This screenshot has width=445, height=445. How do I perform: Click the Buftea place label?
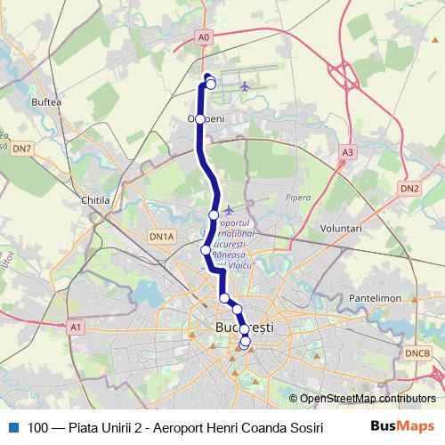coord(46,103)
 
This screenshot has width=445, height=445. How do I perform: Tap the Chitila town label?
coord(94,201)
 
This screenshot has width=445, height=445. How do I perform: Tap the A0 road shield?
coord(206,37)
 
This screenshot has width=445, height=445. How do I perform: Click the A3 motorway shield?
coord(347,153)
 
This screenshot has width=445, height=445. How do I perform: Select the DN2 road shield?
coord(409,189)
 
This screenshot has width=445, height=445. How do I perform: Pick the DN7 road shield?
coord(23,148)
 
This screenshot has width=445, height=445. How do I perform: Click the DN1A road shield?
coord(161,237)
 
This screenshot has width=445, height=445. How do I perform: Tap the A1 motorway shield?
coord(76,328)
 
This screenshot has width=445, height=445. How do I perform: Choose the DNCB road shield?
coord(417,354)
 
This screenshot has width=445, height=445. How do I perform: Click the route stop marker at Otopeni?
coord(200,118)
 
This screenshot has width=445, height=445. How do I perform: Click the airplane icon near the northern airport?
coord(245,86)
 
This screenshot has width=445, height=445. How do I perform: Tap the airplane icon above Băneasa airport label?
coord(230,209)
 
